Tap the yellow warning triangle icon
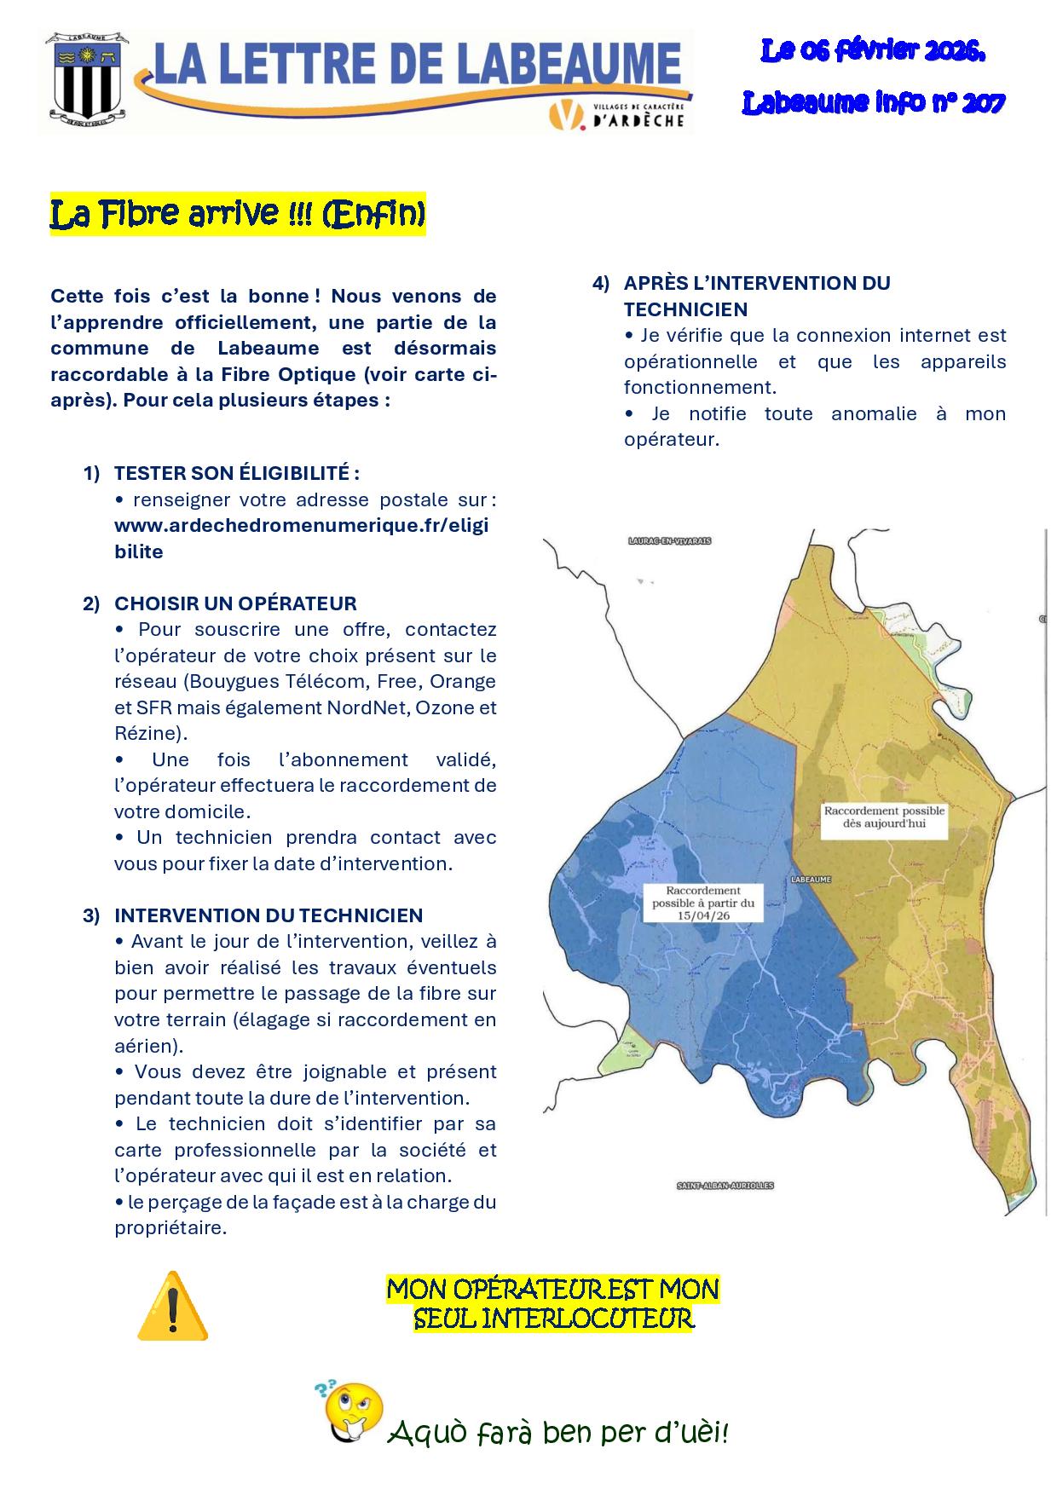pyautogui.click(x=172, y=1305)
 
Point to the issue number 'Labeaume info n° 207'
pyautogui.click(x=874, y=103)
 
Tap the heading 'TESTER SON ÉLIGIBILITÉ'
pyautogui.click(x=236, y=473)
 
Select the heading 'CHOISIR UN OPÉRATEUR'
pyautogui.click(x=235, y=603)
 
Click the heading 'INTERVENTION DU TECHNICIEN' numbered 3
pyautogui.click(x=269, y=915)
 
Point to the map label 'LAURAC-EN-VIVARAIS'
pyautogui.click(x=669, y=541)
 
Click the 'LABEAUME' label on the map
pyautogui.click(x=810, y=879)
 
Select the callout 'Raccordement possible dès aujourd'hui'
pyautogui.click(x=884, y=817)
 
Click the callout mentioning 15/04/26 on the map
pyautogui.click(x=703, y=903)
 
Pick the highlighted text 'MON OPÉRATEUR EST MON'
pyautogui.click(x=553, y=1289)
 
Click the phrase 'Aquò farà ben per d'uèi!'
pyautogui.click(x=558, y=1433)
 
